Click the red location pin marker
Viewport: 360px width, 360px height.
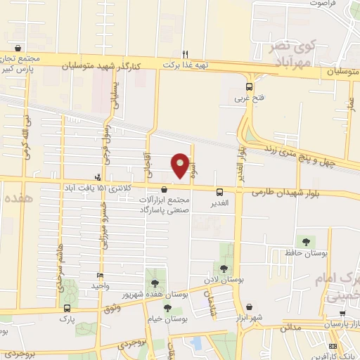tap(181, 166)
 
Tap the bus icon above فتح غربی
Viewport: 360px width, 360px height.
tap(249, 86)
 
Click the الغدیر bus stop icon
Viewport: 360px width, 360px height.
tap(220, 191)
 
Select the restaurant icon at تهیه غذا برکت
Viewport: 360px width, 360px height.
tap(186, 53)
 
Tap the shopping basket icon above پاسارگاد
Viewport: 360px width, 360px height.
tap(165, 189)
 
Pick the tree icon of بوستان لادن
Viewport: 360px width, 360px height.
tap(223, 268)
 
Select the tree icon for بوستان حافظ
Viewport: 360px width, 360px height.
tap(304, 242)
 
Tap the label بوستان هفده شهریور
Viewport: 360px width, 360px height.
tap(156, 293)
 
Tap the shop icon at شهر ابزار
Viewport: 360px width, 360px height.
tap(250, 307)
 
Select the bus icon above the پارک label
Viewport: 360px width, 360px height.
tap(67, 308)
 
